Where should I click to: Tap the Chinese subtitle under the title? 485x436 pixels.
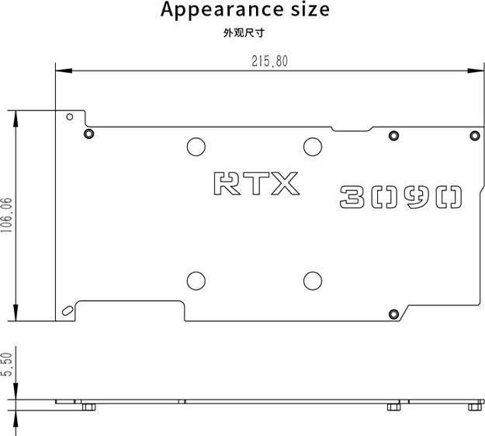pos(245,33)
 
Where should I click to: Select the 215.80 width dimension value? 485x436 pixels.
pos(269,61)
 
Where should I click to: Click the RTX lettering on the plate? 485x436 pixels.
pos(256,184)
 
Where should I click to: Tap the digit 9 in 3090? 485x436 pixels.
pos(417,196)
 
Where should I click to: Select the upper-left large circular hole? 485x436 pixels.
pos(196,145)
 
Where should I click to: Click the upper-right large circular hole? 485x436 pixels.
pos(313,145)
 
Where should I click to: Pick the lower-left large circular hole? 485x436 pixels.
pos(196,280)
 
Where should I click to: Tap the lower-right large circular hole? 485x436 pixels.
pos(313,280)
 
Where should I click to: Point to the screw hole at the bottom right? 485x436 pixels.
pos(393,313)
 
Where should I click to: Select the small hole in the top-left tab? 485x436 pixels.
pos(70,117)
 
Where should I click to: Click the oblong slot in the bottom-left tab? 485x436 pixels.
pos(68,310)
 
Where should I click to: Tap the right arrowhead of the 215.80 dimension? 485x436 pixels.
pos(476,71)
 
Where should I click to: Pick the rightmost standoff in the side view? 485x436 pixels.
pos(474,406)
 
